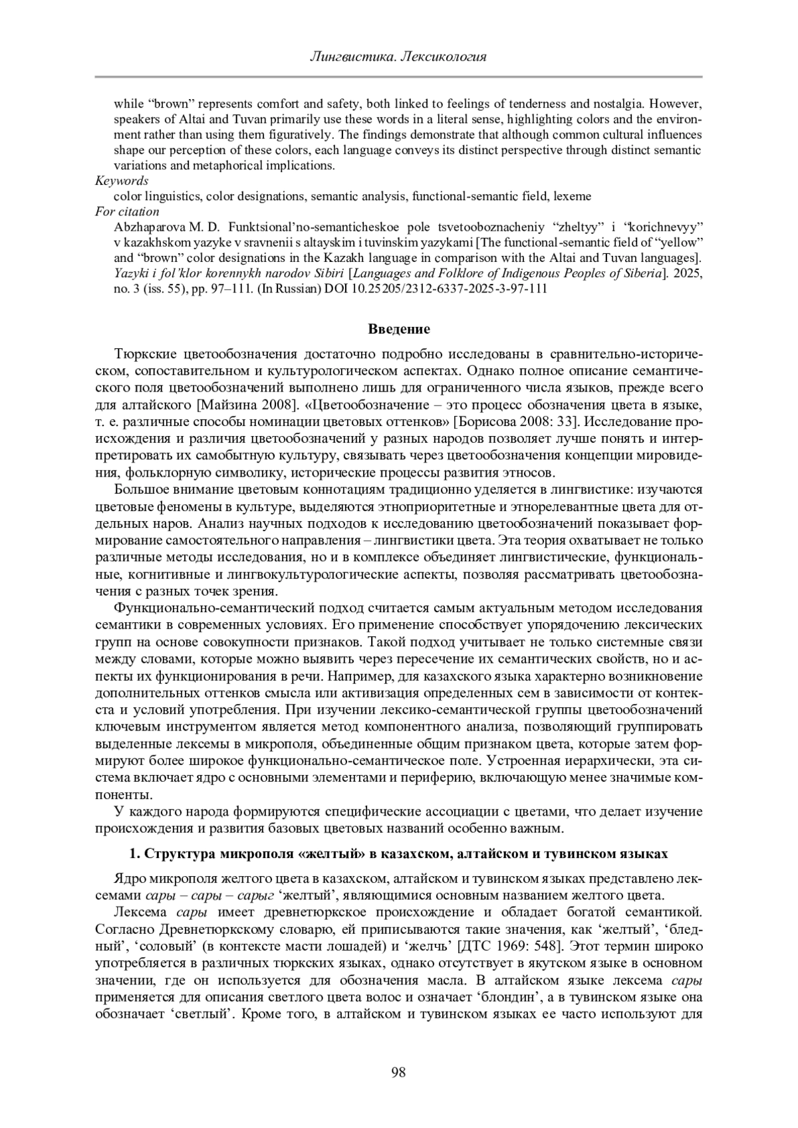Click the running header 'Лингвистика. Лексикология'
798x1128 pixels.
click(x=398, y=56)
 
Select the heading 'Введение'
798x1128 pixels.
click(x=399, y=329)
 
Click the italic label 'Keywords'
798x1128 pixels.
click(x=122, y=181)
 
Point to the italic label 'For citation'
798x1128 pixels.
click(x=127, y=212)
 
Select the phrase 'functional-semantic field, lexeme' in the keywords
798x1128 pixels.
click(x=501, y=197)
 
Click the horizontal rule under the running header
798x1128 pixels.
click(x=398, y=77)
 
